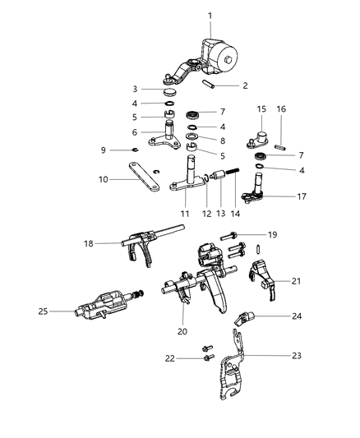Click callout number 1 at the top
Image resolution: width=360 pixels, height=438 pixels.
210,16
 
